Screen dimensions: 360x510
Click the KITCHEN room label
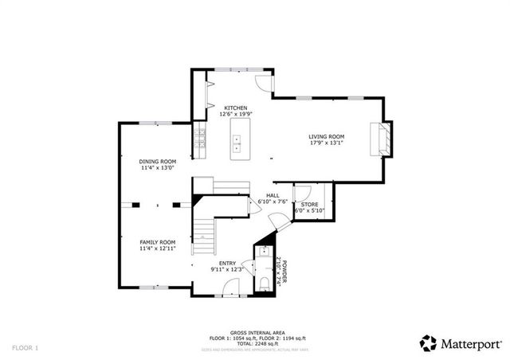coord(235,108)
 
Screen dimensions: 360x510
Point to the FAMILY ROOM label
coord(158,242)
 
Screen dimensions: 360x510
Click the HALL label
coord(273,195)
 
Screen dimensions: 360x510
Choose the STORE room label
coord(309,205)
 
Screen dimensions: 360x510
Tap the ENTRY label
coord(226,263)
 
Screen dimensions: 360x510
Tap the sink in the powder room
coord(264,252)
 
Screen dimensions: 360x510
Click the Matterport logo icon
coord(429,343)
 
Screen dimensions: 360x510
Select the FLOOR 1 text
coord(25,348)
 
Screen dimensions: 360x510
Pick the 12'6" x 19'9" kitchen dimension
coord(235,115)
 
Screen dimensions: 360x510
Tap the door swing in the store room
coord(302,194)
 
